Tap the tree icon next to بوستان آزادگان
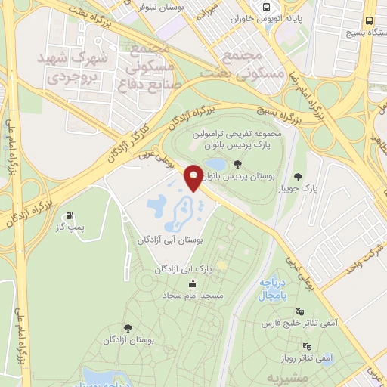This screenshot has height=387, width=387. coord(125,327)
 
